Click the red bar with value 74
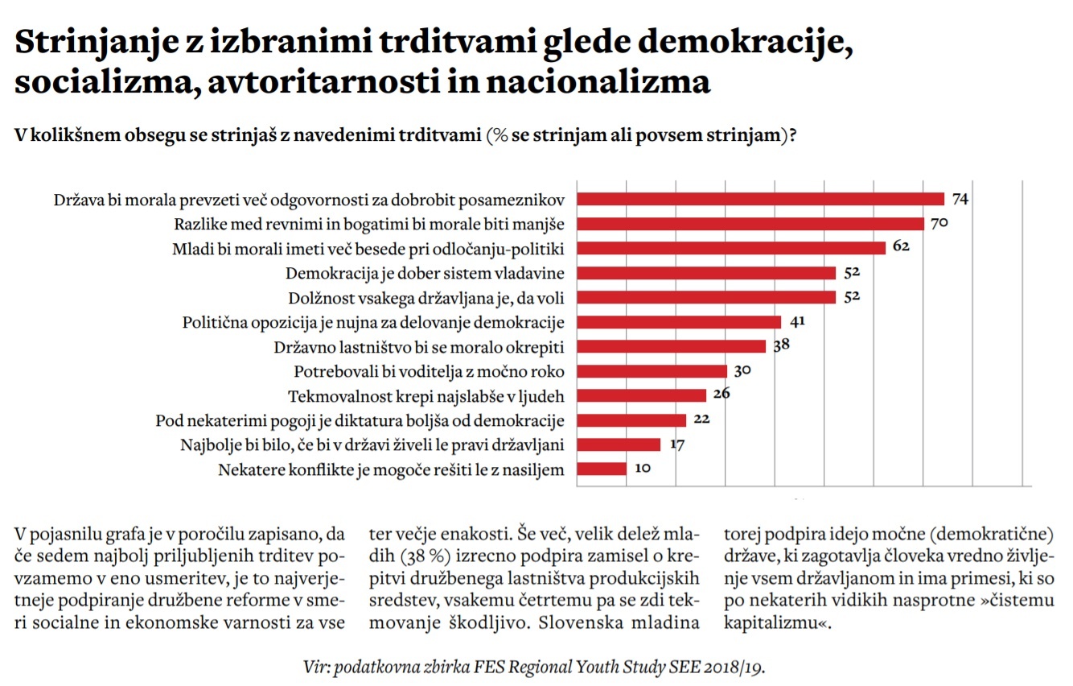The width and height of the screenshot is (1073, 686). (760, 199)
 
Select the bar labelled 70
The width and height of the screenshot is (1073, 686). (750, 223)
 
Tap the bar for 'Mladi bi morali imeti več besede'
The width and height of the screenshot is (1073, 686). (731, 248)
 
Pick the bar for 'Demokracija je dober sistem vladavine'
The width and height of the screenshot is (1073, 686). (706, 272)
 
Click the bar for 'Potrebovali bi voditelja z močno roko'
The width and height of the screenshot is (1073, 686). (652, 371)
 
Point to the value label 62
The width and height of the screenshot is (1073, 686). (901, 247)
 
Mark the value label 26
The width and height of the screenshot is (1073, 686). (721, 395)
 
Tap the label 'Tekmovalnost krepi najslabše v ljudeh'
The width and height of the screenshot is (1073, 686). (426, 396)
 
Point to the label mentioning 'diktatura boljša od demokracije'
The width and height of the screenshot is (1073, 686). (360, 420)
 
